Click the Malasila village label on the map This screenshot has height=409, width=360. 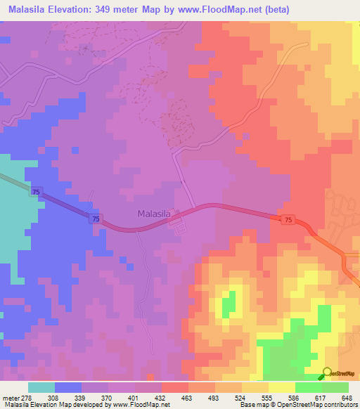pos(155,213)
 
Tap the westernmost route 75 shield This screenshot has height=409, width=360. pos(35,192)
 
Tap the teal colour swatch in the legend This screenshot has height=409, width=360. pos(41,387)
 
